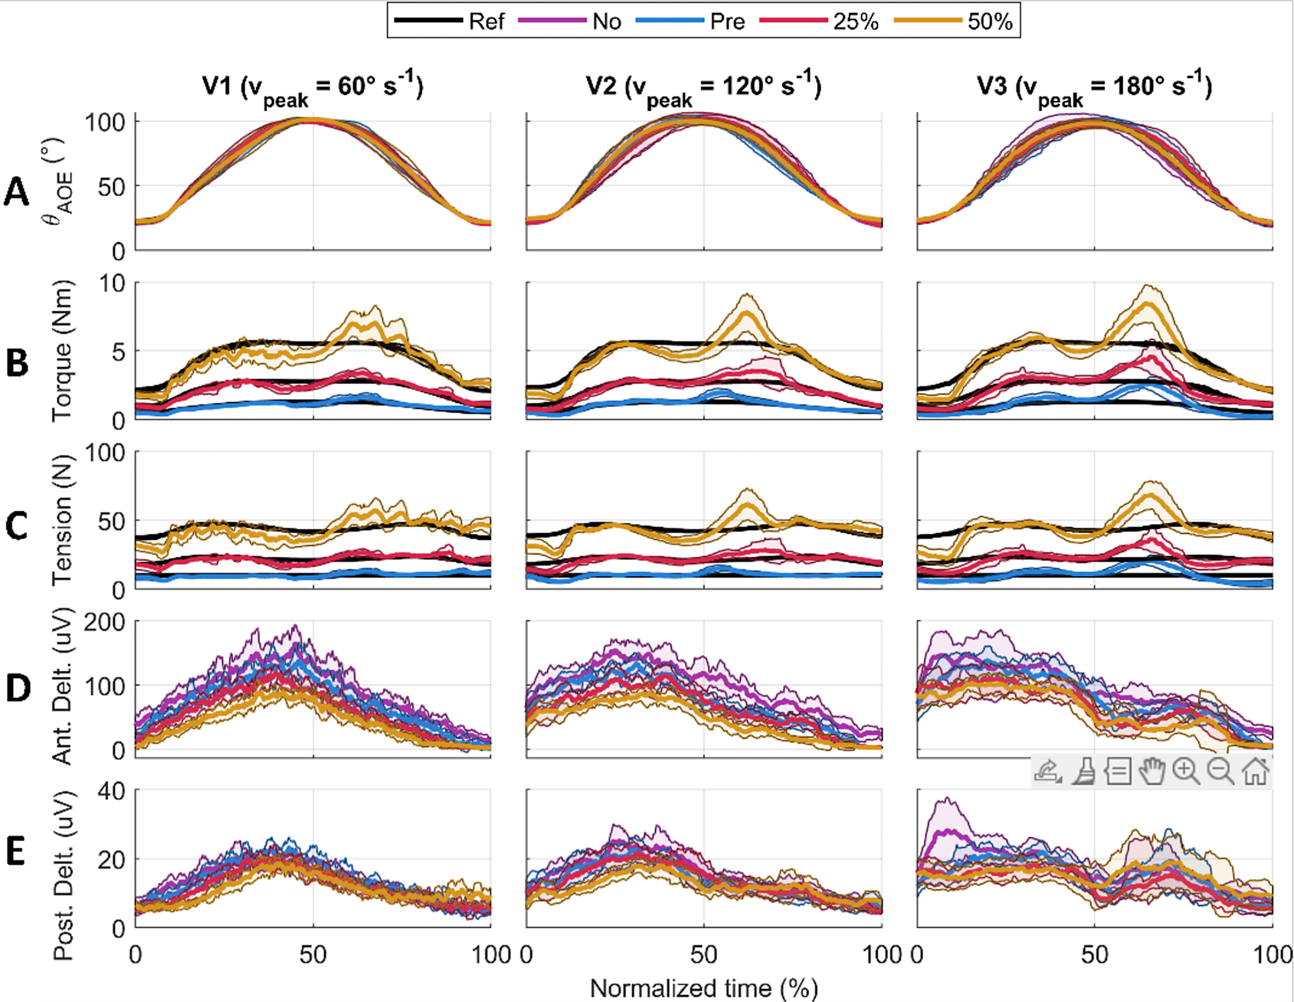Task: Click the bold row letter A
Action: pyautogui.click(x=17, y=192)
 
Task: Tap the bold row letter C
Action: pyautogui.click(x=17, y=526)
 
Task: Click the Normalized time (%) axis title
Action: pyautogui.click(x=703, y=988)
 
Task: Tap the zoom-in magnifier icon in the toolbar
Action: pyautogui.click(x=1186, y=771)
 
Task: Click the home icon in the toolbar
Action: pyautogui.click(x=1255, y=771)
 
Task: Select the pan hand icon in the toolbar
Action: pyautogui.click(x=1151, y=771)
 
